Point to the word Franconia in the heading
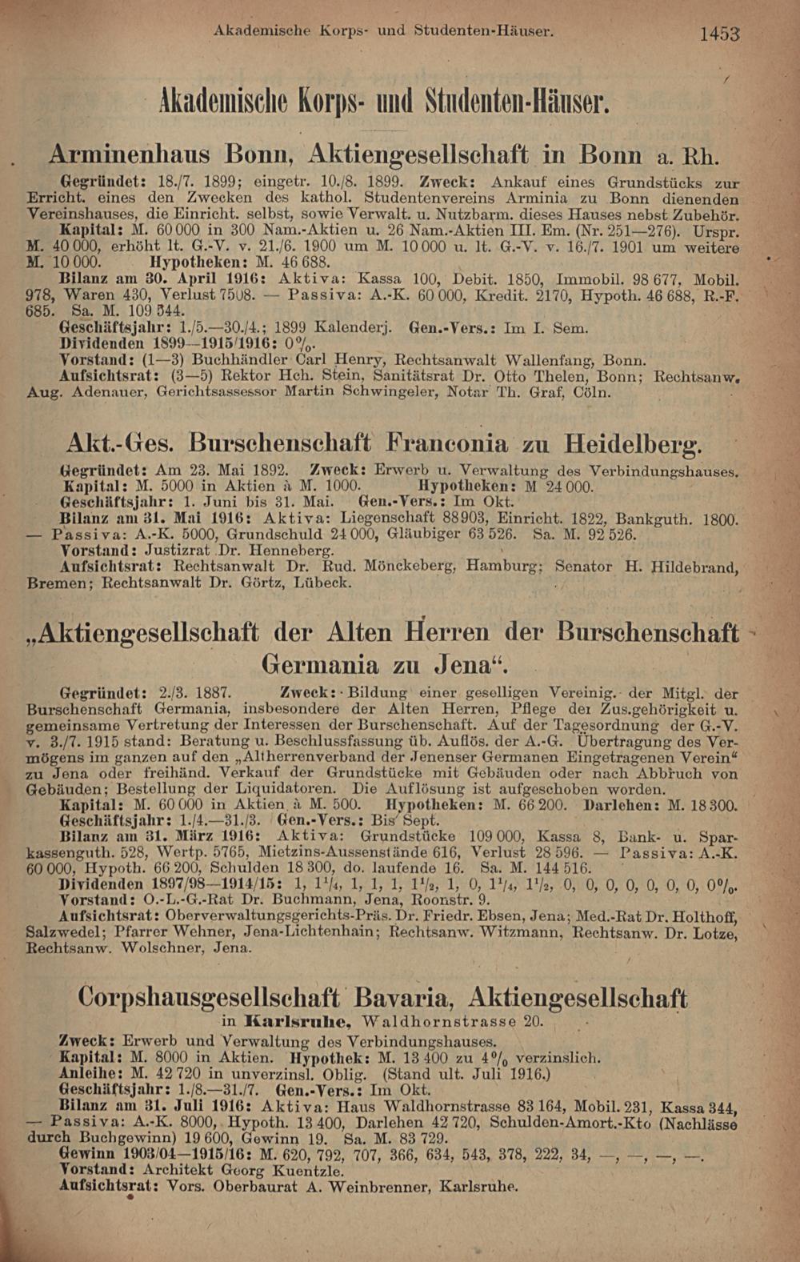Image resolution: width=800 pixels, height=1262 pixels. [x=447, y=442]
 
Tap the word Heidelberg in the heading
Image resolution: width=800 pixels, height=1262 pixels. [x=633, y=442]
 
